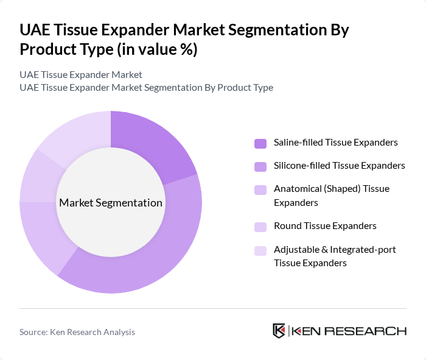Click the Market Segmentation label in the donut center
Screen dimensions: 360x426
pos(111,203)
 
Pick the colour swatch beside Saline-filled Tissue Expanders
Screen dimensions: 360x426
pos(260,144)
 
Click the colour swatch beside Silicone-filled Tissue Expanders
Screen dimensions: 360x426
pos(260,166)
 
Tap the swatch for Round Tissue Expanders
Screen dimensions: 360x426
pos(260,227)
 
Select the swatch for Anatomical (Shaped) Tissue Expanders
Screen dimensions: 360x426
pos(260,189)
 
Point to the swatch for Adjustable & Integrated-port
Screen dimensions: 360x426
pos(260,250)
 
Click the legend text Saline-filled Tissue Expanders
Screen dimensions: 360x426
pos(336,143)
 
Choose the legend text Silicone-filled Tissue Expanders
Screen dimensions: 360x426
pos(340,166)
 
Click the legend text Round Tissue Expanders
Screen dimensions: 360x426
pos(325,226)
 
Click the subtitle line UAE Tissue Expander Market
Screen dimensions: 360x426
pos(81,75)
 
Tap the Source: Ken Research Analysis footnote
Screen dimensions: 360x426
pos(77,332)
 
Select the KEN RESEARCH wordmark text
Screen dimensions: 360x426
pos(349,331)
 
